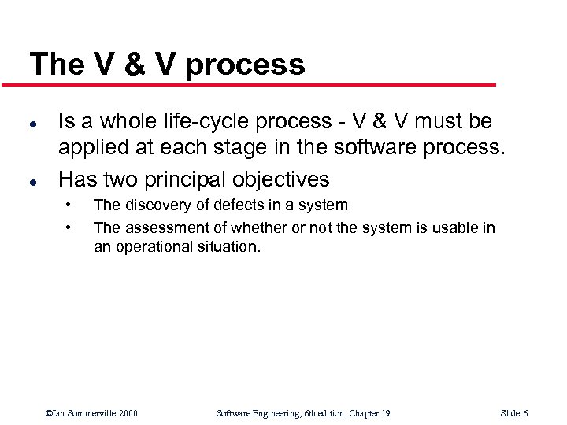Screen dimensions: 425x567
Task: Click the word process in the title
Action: point(245,65)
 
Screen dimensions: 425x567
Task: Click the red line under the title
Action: point(260,85)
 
